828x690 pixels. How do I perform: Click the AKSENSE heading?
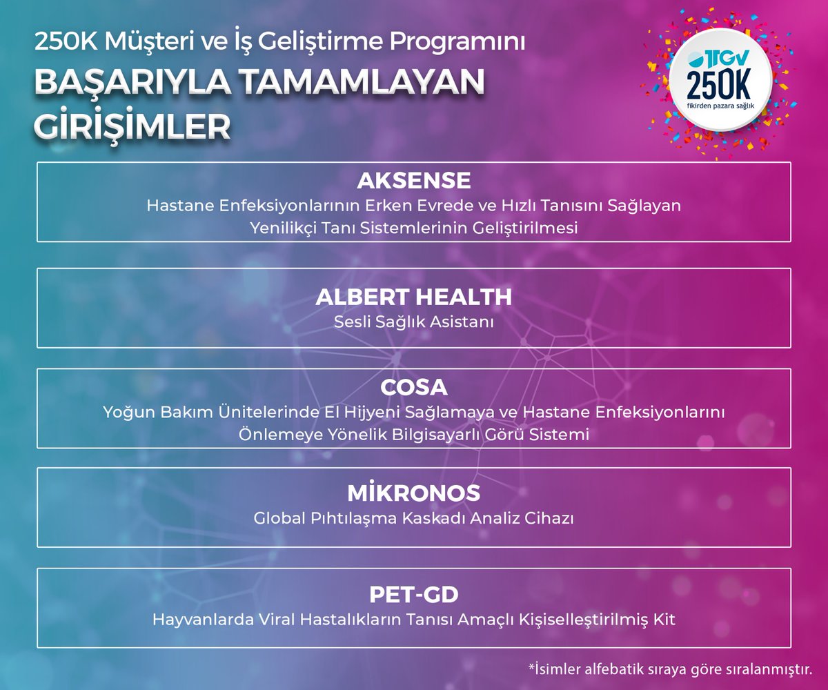pos(413,181)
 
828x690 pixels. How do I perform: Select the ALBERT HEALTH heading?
pos(413,297)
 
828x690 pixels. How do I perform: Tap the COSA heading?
pos(413,386)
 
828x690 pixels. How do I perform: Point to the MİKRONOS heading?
pos(413,493)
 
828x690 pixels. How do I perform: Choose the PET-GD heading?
pos(413,594)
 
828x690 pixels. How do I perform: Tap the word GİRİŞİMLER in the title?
pos(131,126)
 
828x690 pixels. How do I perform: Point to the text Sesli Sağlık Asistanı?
pos(413,322)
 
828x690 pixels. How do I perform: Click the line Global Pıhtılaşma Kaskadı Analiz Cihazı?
pos(413,518)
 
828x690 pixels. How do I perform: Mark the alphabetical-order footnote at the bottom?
pos(669,668)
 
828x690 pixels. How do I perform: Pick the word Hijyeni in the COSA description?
pos(353,413)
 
